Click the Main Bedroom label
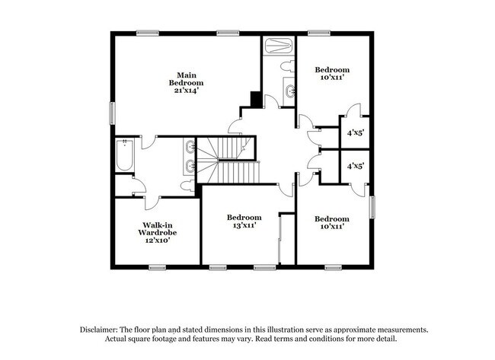[x=187, y=78]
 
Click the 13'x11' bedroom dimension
[x=244, y=226]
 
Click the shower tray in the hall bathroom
[x=279, y=46]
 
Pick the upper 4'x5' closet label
[x=356, y=132]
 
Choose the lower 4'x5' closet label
[x=356, y=165]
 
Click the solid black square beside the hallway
[x=257, y=100]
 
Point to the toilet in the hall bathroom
[x=288, y=67]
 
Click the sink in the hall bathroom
[x=289, y=93]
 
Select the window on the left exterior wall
[x=113, y=113]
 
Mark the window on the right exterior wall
[x=372, y=206]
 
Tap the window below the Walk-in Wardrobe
[x=158, y=266]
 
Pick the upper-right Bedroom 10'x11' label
[x=332, y=73]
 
